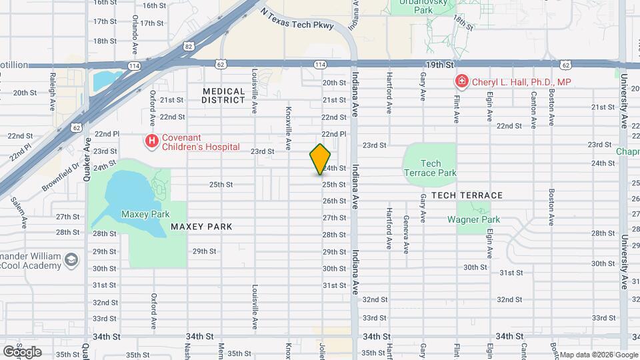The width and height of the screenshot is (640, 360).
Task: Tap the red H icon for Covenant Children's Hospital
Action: pos(152,141)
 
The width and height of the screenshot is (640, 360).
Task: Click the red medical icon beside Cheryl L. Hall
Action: pos(461,82)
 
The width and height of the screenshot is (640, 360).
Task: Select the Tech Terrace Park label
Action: pos(431,168)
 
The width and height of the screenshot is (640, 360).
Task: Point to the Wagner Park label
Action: pos(473,219)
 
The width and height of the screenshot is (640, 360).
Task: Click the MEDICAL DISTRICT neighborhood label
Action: pos(224,95)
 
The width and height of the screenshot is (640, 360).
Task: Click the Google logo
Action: pos(21,351)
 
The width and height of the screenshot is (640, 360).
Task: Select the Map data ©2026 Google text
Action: pos(598,355)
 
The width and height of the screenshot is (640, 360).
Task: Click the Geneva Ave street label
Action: pos(406,235)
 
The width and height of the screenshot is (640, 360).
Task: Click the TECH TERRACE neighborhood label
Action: pos(467,195)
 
